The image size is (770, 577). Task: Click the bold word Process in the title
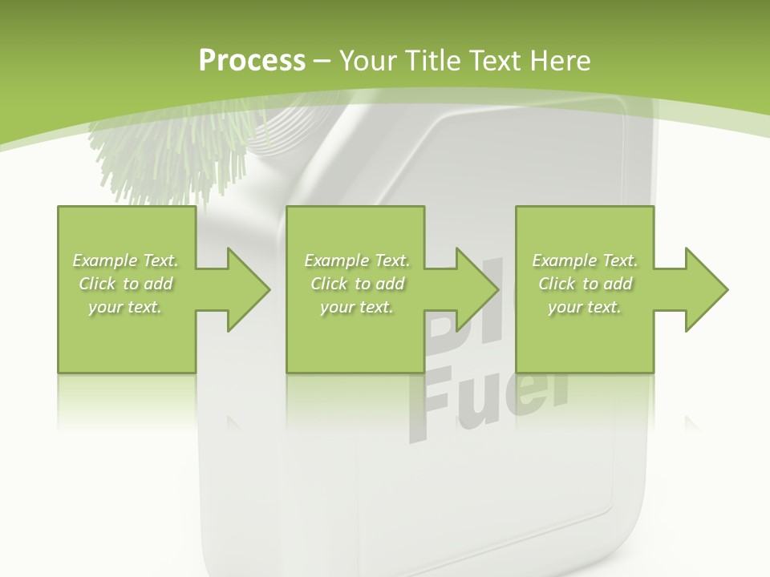coord(252,61)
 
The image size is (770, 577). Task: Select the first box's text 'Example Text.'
coord(125,260)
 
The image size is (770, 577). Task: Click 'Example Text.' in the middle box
coord(357,260)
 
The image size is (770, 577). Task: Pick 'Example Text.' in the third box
coord(585,260)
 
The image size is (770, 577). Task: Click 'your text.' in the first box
coord(125,307)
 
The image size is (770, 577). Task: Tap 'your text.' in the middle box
coord(357,307)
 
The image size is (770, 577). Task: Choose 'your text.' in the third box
coord(585,307)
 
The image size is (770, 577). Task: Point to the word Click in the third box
coord(557,284)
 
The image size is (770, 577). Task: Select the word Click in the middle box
coord(329,284)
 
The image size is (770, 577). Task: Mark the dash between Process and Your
coord(322,62)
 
